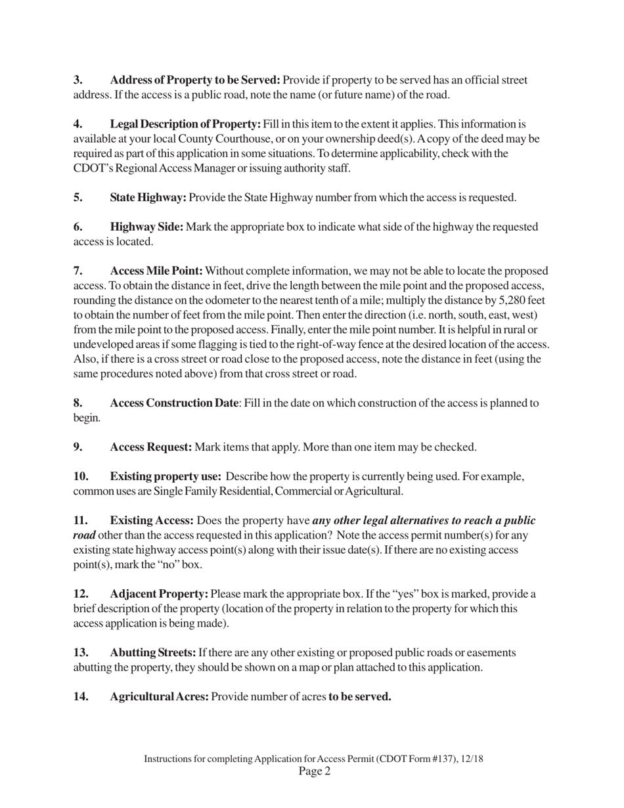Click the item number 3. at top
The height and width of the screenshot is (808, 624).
tap(78, 80)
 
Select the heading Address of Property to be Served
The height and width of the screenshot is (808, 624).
tap(195, 80)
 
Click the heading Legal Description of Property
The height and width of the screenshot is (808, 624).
tap(185, 124)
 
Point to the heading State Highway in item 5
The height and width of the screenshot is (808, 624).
tap(148, 198)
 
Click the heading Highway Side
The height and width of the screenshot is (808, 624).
tap(146, 227)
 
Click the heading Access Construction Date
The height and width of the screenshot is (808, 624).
tap(174, 403)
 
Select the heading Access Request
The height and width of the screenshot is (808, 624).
tap(151, 447)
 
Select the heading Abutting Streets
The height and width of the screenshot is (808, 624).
tap(152, 652)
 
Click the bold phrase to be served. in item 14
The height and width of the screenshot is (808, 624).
tap(359, 696)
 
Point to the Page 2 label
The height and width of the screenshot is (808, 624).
tap(314, 771)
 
